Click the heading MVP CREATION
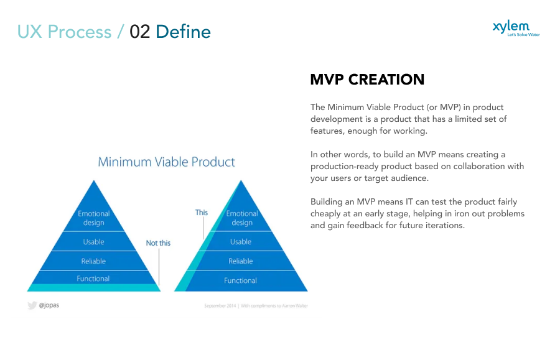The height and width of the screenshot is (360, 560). coord(367,80)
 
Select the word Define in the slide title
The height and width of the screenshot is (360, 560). coord(183,32)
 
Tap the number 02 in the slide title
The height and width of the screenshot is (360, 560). coord(140,32)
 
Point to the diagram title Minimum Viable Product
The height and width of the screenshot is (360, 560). coord(166,162)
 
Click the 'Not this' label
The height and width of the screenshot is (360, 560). coord(158,243)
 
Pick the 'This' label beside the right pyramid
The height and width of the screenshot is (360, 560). coord(202,213)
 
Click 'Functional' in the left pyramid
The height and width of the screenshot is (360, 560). coord(93,279)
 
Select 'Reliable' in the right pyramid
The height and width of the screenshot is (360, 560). coord(241,261)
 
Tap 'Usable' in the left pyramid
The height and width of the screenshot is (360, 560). coord(93,242)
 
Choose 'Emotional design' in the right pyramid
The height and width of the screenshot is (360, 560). coord(242,218)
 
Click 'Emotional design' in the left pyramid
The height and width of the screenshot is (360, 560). coord(93,218)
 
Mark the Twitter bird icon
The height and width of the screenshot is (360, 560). coord(32,306)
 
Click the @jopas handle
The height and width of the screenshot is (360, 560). coord(49,306)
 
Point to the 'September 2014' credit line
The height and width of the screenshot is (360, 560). coord(256,306)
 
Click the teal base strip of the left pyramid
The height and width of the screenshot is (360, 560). coord(93,288)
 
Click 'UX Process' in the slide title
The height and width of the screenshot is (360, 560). coord(64,32)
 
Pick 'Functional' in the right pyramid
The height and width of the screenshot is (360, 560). coord(241,280)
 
